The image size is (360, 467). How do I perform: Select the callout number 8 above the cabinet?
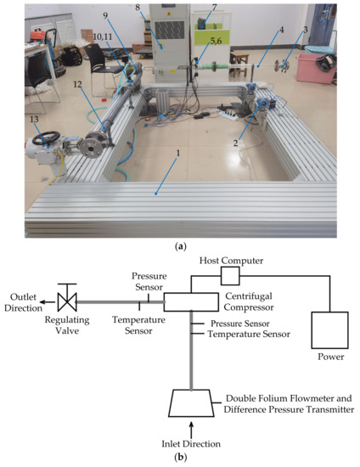point(163,7)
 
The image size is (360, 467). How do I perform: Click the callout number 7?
point(214,7)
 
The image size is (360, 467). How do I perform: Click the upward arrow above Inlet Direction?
point(191,427)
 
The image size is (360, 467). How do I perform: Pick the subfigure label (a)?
point(180,245)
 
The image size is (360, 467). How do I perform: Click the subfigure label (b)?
point(180,458)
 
